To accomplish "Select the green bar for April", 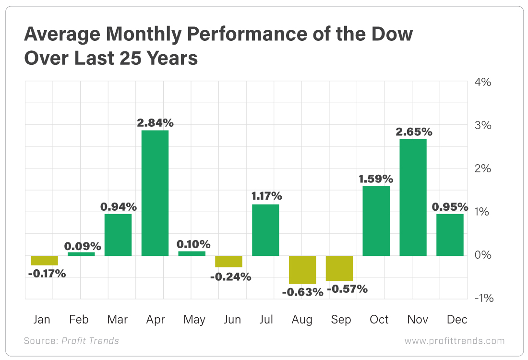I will click(155, 192).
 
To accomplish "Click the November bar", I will click(413, 197).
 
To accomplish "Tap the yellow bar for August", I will click(302, 269).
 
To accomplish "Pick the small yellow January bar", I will click(44, 260).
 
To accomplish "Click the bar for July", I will click(265, 230).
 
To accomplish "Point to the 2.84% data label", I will click(155, 123).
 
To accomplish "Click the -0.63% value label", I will click(302, 291).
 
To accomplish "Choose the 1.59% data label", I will click(376, 179).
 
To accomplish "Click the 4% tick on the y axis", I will click(482, 82).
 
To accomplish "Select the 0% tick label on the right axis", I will click(482, 255).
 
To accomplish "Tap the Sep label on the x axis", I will click(341, 320).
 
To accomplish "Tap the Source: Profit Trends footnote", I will click(71, 341).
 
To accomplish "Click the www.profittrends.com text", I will click(455, 341).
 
